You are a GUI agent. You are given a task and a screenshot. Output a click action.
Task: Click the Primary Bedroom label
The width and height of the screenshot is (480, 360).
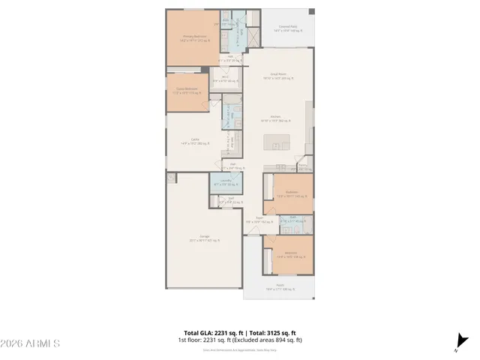[x=193, y=37]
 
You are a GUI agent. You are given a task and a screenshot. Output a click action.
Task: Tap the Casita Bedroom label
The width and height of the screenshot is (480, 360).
[x=187, y=90]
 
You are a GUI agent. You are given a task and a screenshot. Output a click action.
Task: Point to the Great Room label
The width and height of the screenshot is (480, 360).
[x=279, y=75]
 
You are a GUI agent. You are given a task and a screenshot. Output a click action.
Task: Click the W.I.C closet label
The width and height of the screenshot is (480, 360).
[x=224, y=79]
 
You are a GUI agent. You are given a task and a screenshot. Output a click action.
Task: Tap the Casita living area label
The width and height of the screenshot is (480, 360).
[x=194, y=142]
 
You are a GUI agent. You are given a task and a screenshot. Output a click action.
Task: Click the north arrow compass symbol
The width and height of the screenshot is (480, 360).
[x=458, y=344]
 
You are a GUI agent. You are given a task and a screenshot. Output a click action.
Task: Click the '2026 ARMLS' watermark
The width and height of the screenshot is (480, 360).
[x=30, y=343]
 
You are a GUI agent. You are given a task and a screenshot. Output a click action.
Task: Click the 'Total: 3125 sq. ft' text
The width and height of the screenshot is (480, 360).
[x=272, y=333]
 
